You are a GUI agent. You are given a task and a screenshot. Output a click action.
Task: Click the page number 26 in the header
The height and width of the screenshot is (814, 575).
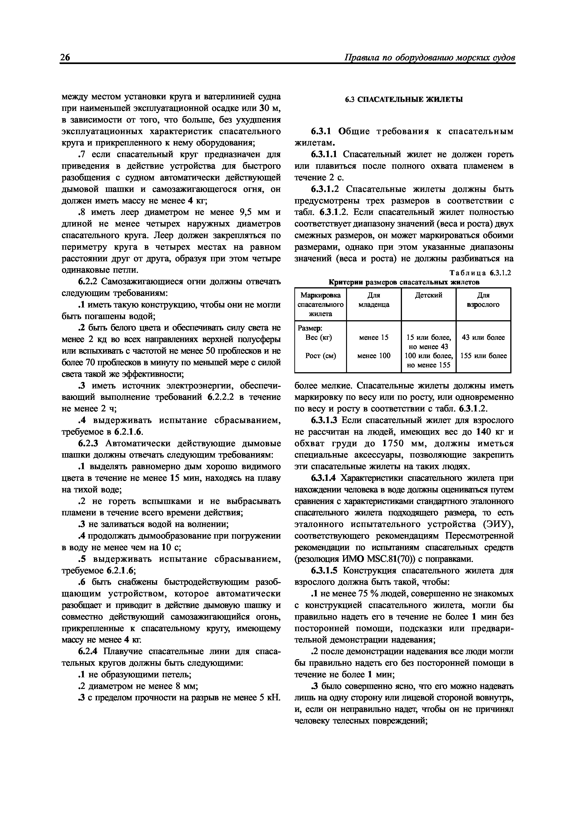[65, 58]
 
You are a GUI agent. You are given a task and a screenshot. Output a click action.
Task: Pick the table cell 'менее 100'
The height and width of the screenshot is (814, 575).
[374, 355]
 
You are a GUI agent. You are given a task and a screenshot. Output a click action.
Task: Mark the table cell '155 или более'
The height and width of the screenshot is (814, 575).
[483, 355]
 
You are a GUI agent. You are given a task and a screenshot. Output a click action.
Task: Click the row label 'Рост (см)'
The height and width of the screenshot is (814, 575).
[321, 355]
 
